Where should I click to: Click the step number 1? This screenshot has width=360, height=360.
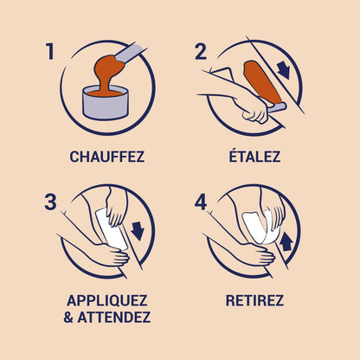coord(49,52)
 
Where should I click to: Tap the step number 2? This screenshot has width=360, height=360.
coord(201,51)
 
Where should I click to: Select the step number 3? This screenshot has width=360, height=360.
coord(50,204)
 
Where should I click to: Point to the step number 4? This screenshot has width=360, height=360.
coord(201,204)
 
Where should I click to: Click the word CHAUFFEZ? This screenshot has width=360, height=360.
coord(106,157)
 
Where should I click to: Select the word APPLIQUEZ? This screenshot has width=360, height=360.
coord(106,301)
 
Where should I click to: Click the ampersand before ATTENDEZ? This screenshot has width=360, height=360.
coord(71,318)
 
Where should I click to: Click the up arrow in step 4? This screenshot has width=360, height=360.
coord(286,243)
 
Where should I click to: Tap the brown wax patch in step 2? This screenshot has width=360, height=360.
coord(259,82)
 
